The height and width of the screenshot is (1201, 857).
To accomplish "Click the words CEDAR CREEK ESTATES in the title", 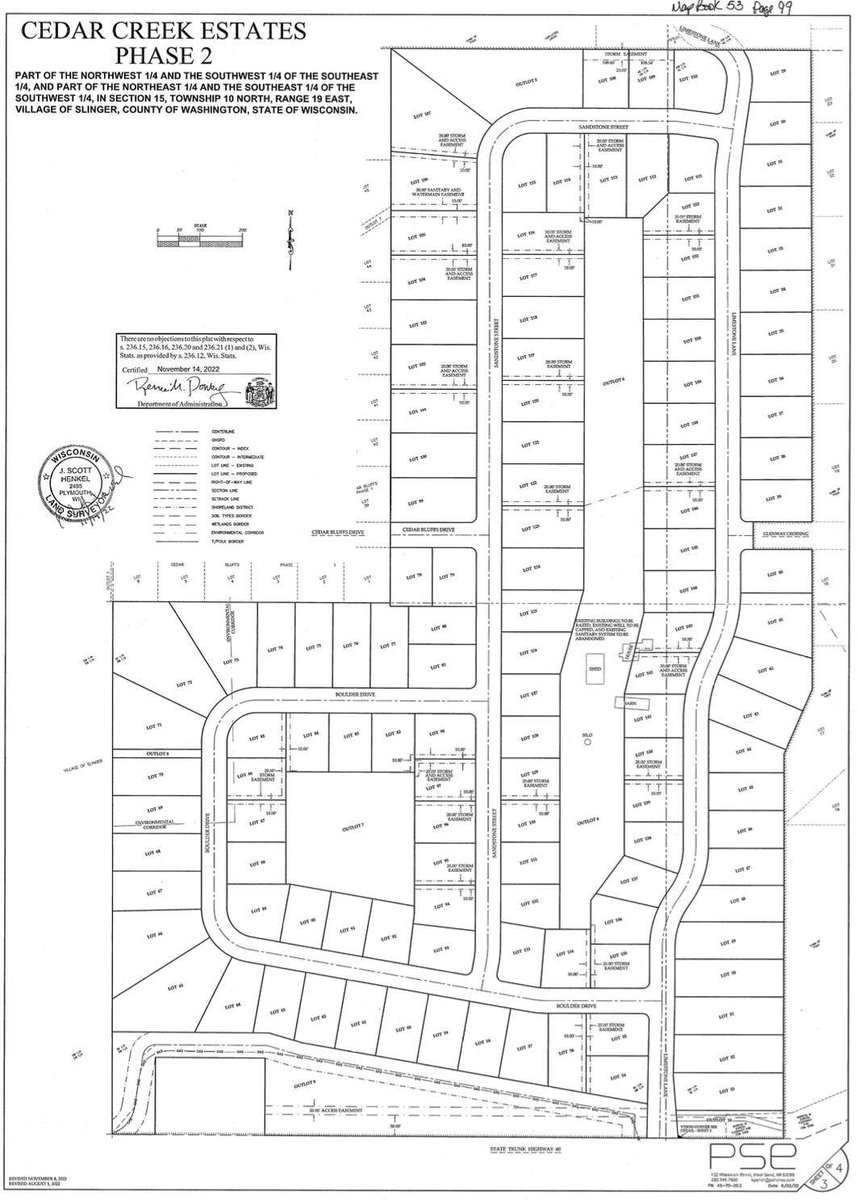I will pyautogui.click(x=164, y=31).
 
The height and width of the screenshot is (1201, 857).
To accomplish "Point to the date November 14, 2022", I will pyautogui.click(x=187, y=368).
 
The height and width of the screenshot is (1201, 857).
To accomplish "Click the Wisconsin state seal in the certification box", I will pyautogui.click(x=259, y=387).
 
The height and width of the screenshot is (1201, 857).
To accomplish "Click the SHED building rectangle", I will pyautogui.click(x=596, y=669).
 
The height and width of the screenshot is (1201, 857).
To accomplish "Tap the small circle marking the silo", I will pyautogui.click(x=587, y=743).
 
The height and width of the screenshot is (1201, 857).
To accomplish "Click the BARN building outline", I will pyautogui.click(x=631, y=703).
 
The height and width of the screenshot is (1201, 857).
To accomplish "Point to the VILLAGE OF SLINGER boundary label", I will pyautogui.click(x=83, y=771).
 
